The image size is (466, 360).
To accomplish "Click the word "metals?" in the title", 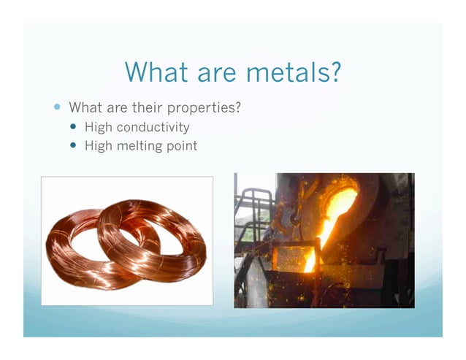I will coord(292,72).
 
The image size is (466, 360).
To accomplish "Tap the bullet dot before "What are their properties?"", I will coord(58,107).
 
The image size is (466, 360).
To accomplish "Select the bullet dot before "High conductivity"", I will coord(73,126).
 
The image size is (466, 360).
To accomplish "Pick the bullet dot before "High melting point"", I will coord(73,145).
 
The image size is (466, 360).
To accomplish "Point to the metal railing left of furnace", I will coord(252,212).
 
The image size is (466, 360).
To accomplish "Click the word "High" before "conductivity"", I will coord(99,127).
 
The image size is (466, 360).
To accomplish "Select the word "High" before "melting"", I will coord(99,145).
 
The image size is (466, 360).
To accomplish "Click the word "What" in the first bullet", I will coord(84,108).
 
